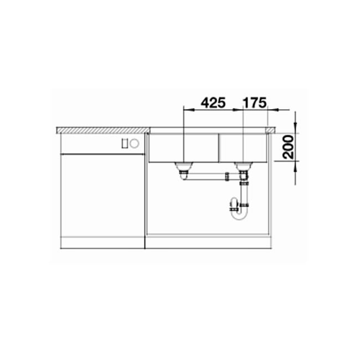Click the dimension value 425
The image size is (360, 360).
click(213, 102)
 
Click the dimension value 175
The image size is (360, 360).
click(255, 102)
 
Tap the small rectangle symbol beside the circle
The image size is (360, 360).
click(126, 143)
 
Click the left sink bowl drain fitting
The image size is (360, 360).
click(183, 165)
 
